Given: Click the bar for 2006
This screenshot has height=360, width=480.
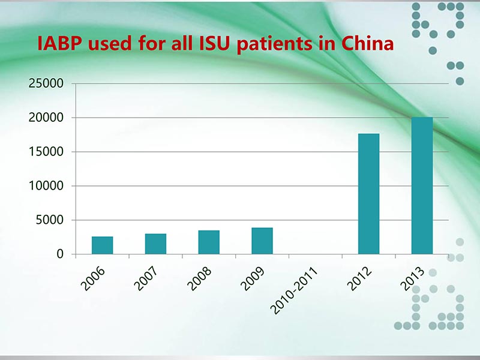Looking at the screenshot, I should [102, 245].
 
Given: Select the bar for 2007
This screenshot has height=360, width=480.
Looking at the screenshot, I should [155, 244].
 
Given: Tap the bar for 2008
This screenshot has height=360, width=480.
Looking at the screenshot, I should [209, 242].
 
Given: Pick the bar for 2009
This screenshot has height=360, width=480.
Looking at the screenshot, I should [262, 241].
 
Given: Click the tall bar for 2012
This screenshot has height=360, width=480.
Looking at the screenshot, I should [368, 193].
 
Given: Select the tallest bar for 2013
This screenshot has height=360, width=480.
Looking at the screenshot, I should [422, 185].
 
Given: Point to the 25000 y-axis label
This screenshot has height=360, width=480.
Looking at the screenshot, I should [46, 83].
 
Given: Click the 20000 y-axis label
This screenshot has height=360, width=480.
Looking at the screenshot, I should [46, 118].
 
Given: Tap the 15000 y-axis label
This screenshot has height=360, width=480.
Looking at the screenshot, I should [46, 152].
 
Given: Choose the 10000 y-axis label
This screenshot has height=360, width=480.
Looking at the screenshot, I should [46, 186].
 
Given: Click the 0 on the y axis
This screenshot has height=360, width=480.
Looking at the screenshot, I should [59, 254].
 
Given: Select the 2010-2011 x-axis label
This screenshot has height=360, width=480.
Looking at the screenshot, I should [293, 292].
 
